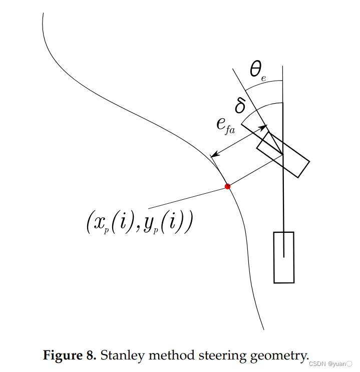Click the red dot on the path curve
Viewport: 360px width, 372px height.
(228, 186)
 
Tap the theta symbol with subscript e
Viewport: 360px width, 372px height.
(257, 71)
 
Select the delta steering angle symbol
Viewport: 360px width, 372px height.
(240, 106)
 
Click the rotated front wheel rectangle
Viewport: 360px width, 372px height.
(283, 155)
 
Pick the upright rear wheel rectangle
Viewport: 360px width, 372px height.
(283, 257)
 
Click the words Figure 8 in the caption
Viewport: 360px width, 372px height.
(70, 356)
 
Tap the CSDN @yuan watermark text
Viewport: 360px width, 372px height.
(331, 363)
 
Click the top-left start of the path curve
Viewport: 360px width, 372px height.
(43, 14)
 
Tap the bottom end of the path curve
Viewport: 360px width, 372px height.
(263, 329)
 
